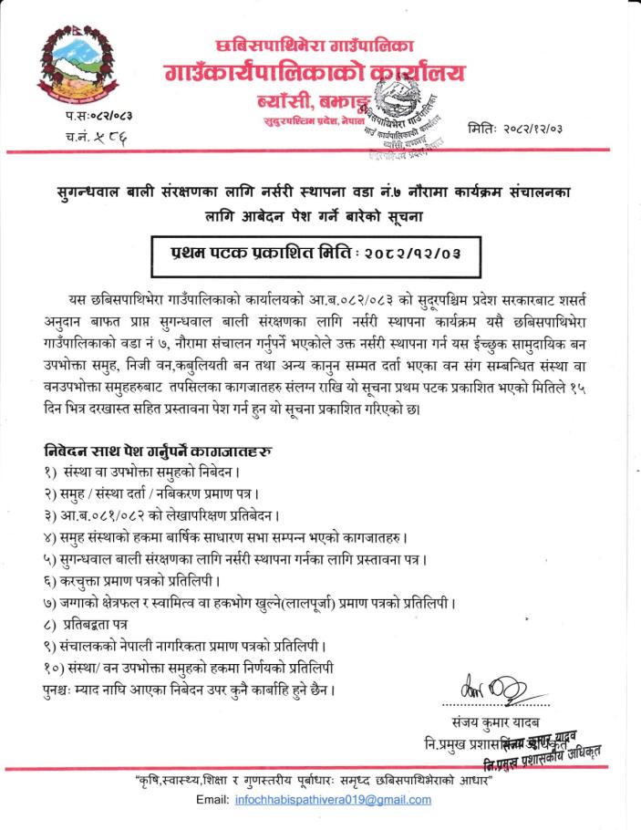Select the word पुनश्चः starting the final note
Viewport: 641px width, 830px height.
coord(64,688)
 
